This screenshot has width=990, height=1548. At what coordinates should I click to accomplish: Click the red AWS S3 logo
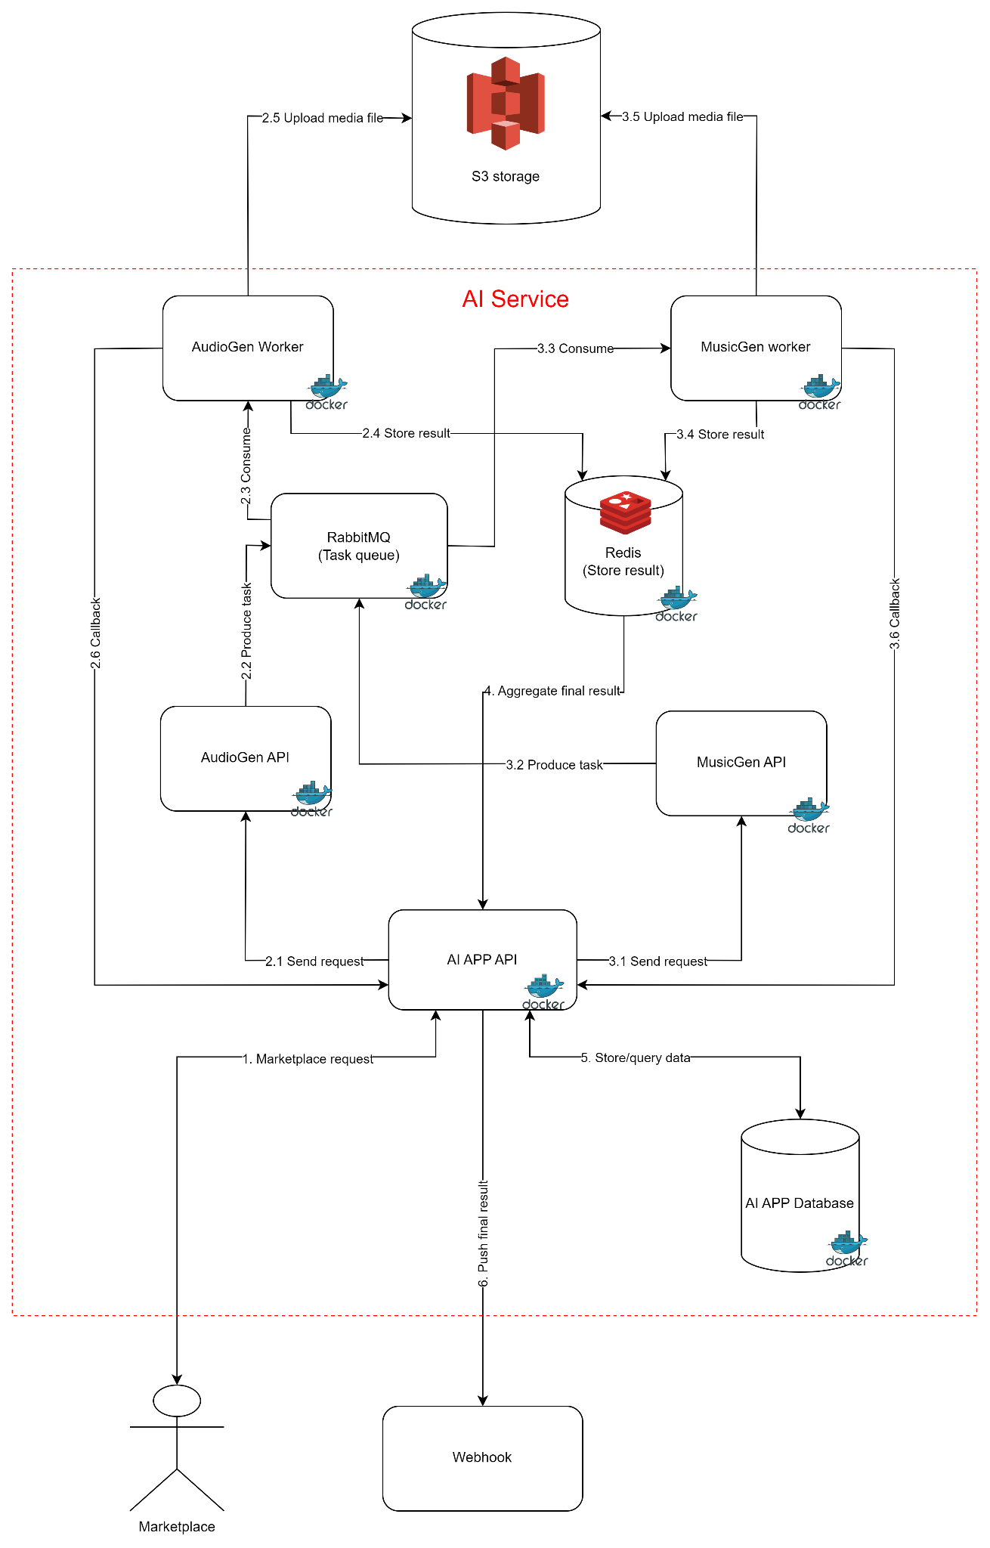506,103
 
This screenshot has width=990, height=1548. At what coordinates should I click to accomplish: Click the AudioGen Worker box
248,348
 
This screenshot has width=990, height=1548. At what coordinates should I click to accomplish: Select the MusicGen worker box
756,348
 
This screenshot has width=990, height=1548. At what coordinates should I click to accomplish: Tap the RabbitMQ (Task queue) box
359,546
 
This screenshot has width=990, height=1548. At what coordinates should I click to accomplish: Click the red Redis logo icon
625,512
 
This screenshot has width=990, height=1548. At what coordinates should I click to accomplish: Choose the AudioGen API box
246,758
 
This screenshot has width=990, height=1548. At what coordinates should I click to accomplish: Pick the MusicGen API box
741,763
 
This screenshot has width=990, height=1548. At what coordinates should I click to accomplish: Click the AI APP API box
482,959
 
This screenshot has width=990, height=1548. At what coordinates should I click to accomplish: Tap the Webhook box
482,1458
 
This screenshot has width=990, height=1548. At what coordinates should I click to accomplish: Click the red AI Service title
515,299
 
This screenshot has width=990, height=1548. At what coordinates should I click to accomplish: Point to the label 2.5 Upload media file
323,118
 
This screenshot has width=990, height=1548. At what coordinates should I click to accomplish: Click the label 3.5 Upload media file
682,117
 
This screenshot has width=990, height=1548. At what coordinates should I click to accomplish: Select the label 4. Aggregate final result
552,691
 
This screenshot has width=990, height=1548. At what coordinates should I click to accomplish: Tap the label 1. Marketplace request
308,1059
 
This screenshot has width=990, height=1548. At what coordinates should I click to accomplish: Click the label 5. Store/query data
636,1058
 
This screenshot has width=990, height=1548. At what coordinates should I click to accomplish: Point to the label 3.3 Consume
576,348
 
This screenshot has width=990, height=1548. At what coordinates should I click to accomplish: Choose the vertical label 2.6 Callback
96,633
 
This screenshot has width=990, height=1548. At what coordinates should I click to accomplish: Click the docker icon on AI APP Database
847,1249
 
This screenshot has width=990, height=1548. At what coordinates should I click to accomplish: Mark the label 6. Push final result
484,1233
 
